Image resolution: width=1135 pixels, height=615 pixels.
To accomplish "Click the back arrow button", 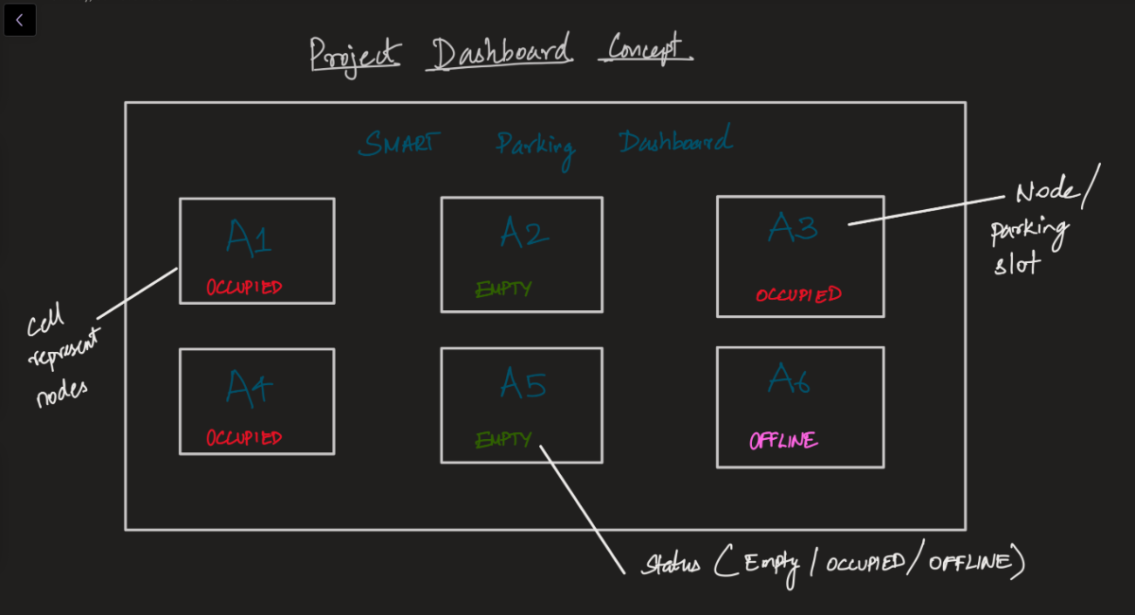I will tap(20, 20).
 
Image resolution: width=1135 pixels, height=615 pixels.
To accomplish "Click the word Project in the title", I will tap(355, 55).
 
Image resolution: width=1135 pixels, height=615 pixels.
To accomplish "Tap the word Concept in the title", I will tap(645, 48).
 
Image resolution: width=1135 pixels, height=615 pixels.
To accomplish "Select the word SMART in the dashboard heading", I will tap(399, 144).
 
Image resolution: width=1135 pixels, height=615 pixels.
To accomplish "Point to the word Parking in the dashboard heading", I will tap(535, 148).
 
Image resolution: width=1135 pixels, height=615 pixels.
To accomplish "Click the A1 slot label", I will tap(249, 237).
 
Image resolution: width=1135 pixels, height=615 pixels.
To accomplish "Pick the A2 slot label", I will tap(523, 232).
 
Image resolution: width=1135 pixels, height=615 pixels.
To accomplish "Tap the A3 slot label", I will tap(793, 227).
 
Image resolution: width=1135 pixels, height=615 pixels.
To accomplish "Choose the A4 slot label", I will tap(249, 388).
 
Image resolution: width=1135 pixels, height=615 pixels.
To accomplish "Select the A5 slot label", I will tap(523, 383).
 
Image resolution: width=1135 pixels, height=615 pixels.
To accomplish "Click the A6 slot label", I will tap(790, 378).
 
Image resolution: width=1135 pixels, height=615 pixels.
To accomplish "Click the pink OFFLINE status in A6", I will tap(783, 441).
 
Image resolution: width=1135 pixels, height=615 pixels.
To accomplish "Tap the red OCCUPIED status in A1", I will tap(244, 288).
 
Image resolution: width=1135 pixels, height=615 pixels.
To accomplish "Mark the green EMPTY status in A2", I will tap(503, 290).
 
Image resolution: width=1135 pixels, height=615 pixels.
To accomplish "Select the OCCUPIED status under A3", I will tap(798, 294).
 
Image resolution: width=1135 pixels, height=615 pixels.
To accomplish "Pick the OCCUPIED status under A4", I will tap(244, 438).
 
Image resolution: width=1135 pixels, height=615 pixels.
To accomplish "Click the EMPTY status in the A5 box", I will tap(503, 440).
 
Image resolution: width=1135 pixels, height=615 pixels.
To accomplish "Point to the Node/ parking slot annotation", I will tap(1040, 227).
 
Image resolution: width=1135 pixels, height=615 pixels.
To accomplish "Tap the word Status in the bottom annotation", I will tap(670, 565).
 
